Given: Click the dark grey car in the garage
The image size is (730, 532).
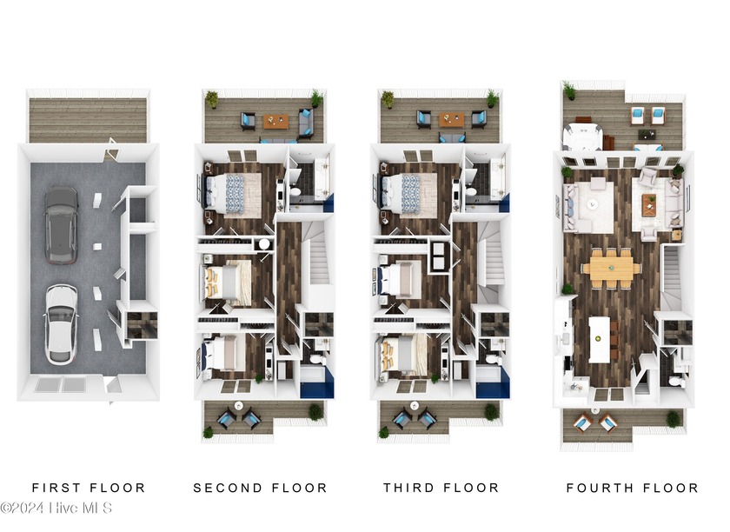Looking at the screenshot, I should [60, 223].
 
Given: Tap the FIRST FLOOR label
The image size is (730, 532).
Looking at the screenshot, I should [89, 488].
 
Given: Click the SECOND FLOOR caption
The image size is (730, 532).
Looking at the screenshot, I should [260, 488].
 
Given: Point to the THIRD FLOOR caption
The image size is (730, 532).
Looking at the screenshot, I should [441, 488].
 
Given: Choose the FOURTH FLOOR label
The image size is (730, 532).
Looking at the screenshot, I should [632, 488].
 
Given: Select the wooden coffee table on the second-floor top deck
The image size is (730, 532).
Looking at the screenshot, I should [276, 122].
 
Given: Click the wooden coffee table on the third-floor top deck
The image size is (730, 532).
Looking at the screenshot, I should [450, 120].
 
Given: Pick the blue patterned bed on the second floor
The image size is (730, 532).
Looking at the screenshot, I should [232, 192].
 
